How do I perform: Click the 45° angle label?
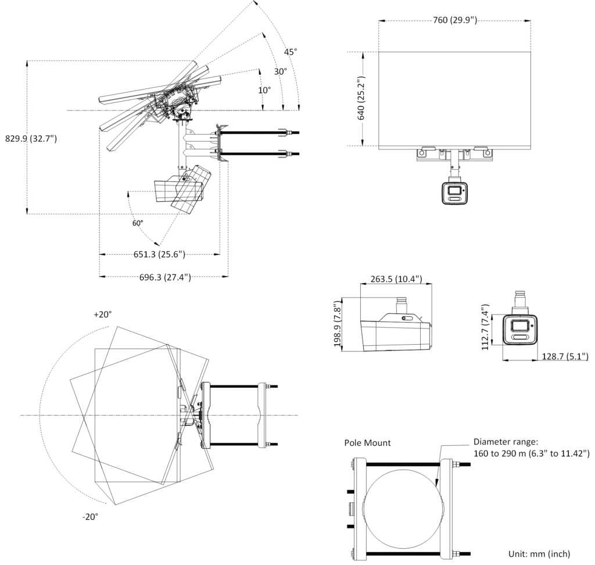coord(291,52)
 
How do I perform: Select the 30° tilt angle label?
coord(281,71)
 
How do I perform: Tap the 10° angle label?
coord(264,90)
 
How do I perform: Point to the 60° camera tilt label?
coord(137,223)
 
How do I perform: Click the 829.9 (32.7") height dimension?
coord(31,138)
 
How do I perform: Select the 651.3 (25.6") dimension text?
coord(159,255)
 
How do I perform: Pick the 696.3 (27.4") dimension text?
coord(165,277)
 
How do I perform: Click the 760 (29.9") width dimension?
coord(455,20)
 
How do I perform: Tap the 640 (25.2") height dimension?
coord(361,98)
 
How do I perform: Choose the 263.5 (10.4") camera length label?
coord(396,279)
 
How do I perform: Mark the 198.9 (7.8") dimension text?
coord(338,324)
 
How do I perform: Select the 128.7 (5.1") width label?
coord(565,356)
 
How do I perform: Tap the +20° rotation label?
coord(103,314)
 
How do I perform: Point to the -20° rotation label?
coord(90,516)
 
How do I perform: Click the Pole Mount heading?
coord(367,443)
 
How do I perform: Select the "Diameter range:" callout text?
coord(506,442)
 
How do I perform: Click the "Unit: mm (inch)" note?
coord(539,554)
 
